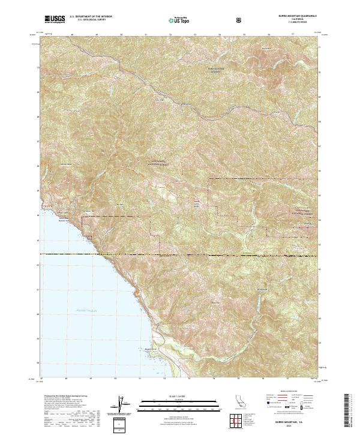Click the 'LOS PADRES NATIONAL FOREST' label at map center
tap(158, 163)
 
